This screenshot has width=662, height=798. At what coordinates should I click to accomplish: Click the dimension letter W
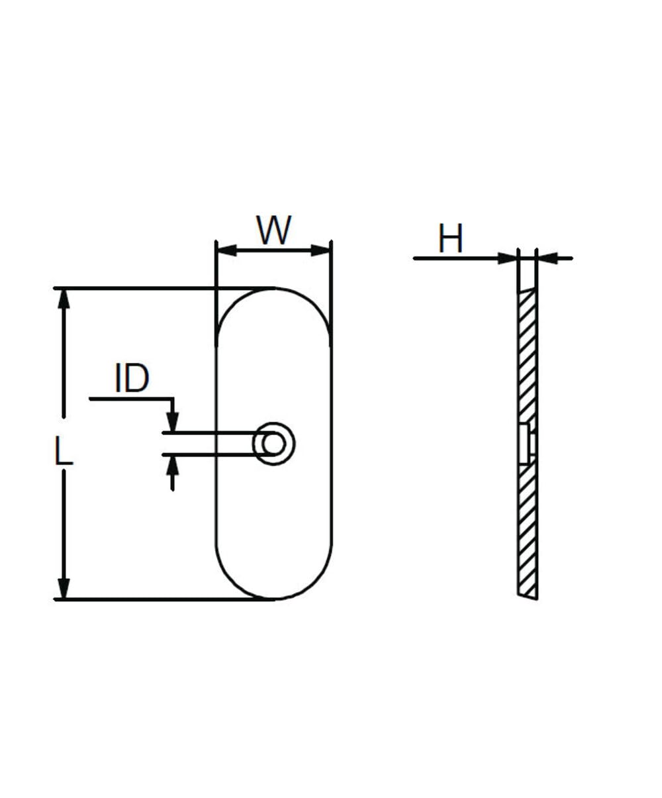[274, 230]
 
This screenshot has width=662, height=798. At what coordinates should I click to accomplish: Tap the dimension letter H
[451, 239]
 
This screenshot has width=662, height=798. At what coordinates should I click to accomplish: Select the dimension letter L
[64, 454]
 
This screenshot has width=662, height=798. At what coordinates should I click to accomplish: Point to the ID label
[132, 379]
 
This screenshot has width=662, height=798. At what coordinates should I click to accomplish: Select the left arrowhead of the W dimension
[226, 250]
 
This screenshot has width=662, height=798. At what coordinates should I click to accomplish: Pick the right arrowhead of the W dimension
[322, 250]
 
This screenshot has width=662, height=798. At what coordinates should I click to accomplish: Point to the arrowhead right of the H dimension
[547, 258]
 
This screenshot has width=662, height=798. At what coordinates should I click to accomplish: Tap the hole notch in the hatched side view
[528, 442]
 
